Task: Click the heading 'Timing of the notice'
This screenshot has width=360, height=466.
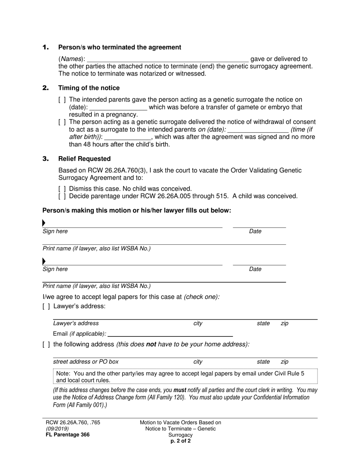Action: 89,88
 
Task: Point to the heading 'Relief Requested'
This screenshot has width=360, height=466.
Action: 84,159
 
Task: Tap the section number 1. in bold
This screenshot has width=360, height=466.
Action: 46,47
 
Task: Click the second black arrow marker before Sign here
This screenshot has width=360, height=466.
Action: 44,261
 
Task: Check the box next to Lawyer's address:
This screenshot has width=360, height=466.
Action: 46,306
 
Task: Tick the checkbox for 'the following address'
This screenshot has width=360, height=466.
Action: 46,344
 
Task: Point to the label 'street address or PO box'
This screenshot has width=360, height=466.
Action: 86,362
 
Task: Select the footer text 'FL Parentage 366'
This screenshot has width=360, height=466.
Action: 67,435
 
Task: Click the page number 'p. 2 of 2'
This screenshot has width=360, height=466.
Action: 180,441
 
